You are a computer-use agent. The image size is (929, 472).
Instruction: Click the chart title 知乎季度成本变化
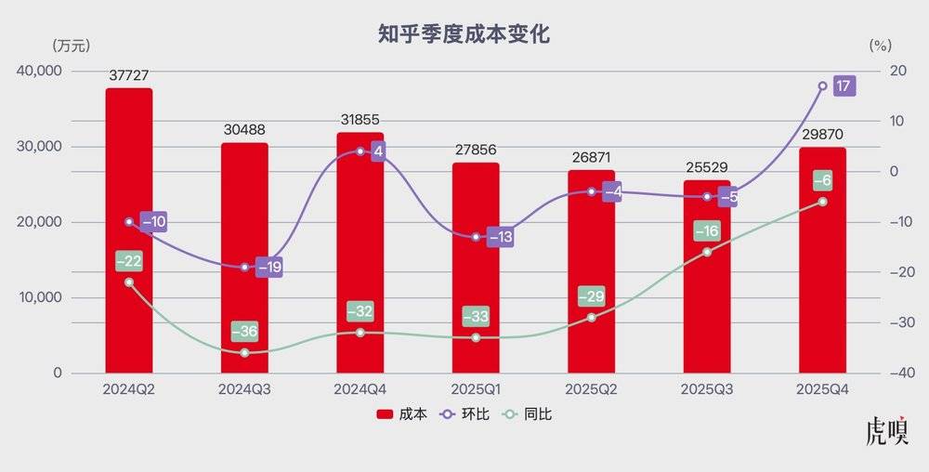tap(464, 35)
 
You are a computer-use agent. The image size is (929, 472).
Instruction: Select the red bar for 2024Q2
tap(129, 232)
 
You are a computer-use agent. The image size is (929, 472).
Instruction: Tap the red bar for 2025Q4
tap(822, 279)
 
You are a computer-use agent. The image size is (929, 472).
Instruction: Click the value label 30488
tap(244, 130)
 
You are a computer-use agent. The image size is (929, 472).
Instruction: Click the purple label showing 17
tap(843, 86)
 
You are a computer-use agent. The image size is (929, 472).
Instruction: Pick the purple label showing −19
tap(268, 268)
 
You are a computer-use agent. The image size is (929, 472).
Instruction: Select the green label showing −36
tap(244, 332)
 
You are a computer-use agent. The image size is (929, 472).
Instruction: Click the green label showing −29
tap(591, 297)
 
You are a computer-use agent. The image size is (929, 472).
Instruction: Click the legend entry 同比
tap(530, 414)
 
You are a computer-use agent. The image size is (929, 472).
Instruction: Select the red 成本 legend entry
tap(402, 414)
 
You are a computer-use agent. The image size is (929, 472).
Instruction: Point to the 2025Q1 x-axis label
tap(476, 388)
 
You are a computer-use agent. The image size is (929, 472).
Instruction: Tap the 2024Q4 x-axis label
tap(360, 388)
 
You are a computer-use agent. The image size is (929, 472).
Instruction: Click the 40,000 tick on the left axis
tap(39, 71)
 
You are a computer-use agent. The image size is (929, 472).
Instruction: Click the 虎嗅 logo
tap(886, 434)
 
